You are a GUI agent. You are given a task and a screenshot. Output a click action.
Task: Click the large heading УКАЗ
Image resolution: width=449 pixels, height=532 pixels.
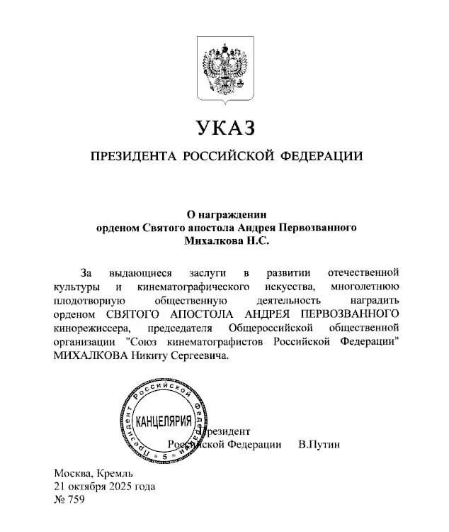coord(224,128)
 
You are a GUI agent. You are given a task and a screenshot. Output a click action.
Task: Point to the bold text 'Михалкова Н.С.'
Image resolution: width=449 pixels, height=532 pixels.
coord(224,241)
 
